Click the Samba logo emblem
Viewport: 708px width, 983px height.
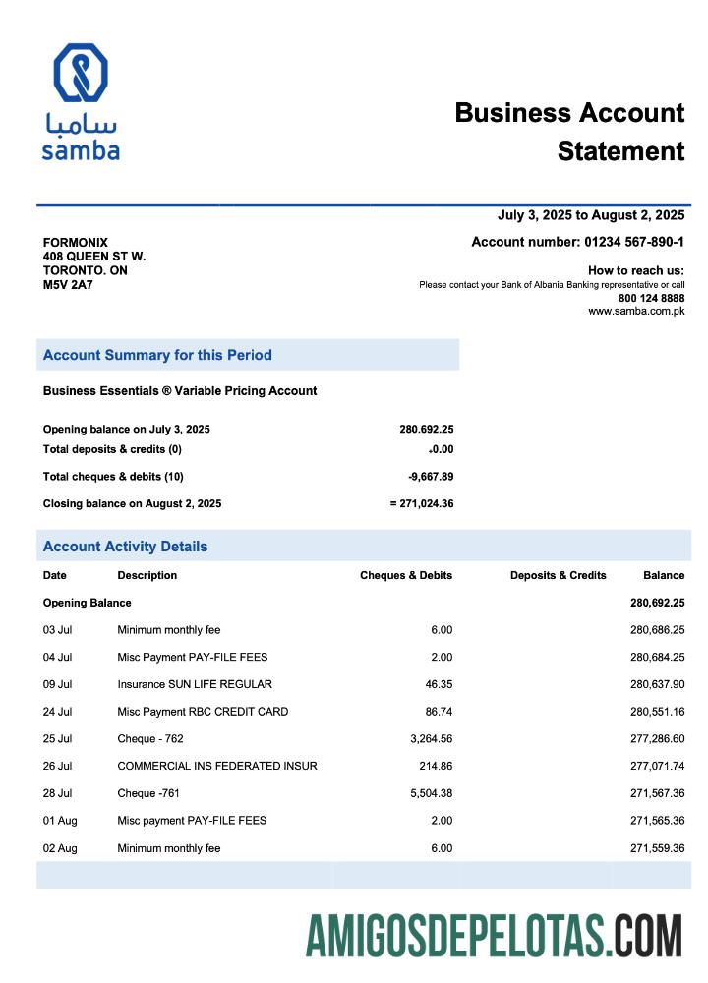(81, 75)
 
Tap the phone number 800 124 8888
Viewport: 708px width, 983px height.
(651, 298)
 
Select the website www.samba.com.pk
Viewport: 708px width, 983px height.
(636, 311)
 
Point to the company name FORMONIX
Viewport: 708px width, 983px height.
(76, 243)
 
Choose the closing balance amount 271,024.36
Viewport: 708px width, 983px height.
(426, 503)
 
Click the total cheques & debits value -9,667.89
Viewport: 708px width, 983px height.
(431, 477)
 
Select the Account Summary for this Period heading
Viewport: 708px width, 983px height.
(157, 355)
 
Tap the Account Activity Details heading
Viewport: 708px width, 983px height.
(125, 547)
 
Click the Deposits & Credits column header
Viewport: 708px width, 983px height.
(558, 575)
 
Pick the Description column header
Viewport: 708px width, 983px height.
(147, 575)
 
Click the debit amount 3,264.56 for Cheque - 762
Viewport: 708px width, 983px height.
(428, 738)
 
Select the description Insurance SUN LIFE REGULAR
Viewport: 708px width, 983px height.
(195, 684)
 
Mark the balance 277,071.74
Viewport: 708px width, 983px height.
(657, 766)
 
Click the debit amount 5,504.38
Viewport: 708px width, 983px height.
(428, 793)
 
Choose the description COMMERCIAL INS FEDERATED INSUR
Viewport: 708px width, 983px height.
(217, 766)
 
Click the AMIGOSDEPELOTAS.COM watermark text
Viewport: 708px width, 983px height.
(494, 935)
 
